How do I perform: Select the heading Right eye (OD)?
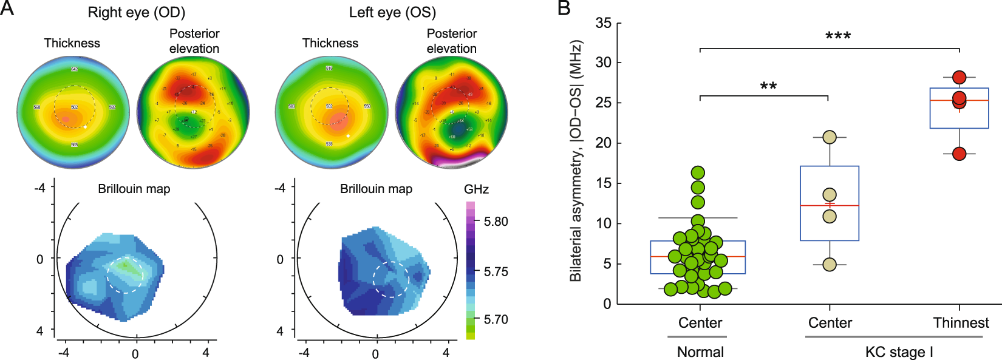click(136, 12)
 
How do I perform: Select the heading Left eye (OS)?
click(392, 12)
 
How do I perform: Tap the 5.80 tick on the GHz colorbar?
click(496, 222)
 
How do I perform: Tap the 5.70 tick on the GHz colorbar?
click(496, 319)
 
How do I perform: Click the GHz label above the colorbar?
click(476, 189)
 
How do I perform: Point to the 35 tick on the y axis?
click(603, 23)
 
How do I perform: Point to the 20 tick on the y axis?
click(603, 143)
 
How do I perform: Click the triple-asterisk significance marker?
click(837, 36)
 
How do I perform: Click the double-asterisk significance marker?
click(768, 86)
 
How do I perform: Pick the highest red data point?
click(959, 77)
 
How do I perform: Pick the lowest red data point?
click(959, 154)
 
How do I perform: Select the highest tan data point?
click(830, 137)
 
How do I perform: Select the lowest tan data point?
click(830, 265)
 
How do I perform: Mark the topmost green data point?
click(698, 173)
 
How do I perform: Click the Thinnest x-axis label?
click(961, 323)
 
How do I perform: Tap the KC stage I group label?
click(899, 352)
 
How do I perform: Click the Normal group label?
click(700, 352)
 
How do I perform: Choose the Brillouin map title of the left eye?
click(376, 189)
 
